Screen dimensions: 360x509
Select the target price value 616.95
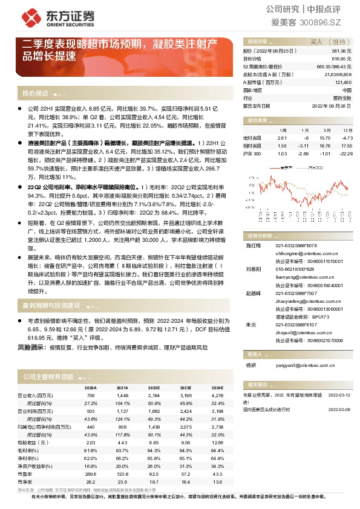coord(342,59)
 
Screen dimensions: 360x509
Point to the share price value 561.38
coord(342,52)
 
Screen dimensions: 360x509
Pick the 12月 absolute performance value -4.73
coord(347,137)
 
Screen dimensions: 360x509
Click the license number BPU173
coord(321,316)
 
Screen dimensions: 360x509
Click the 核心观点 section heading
coord(35,94)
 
